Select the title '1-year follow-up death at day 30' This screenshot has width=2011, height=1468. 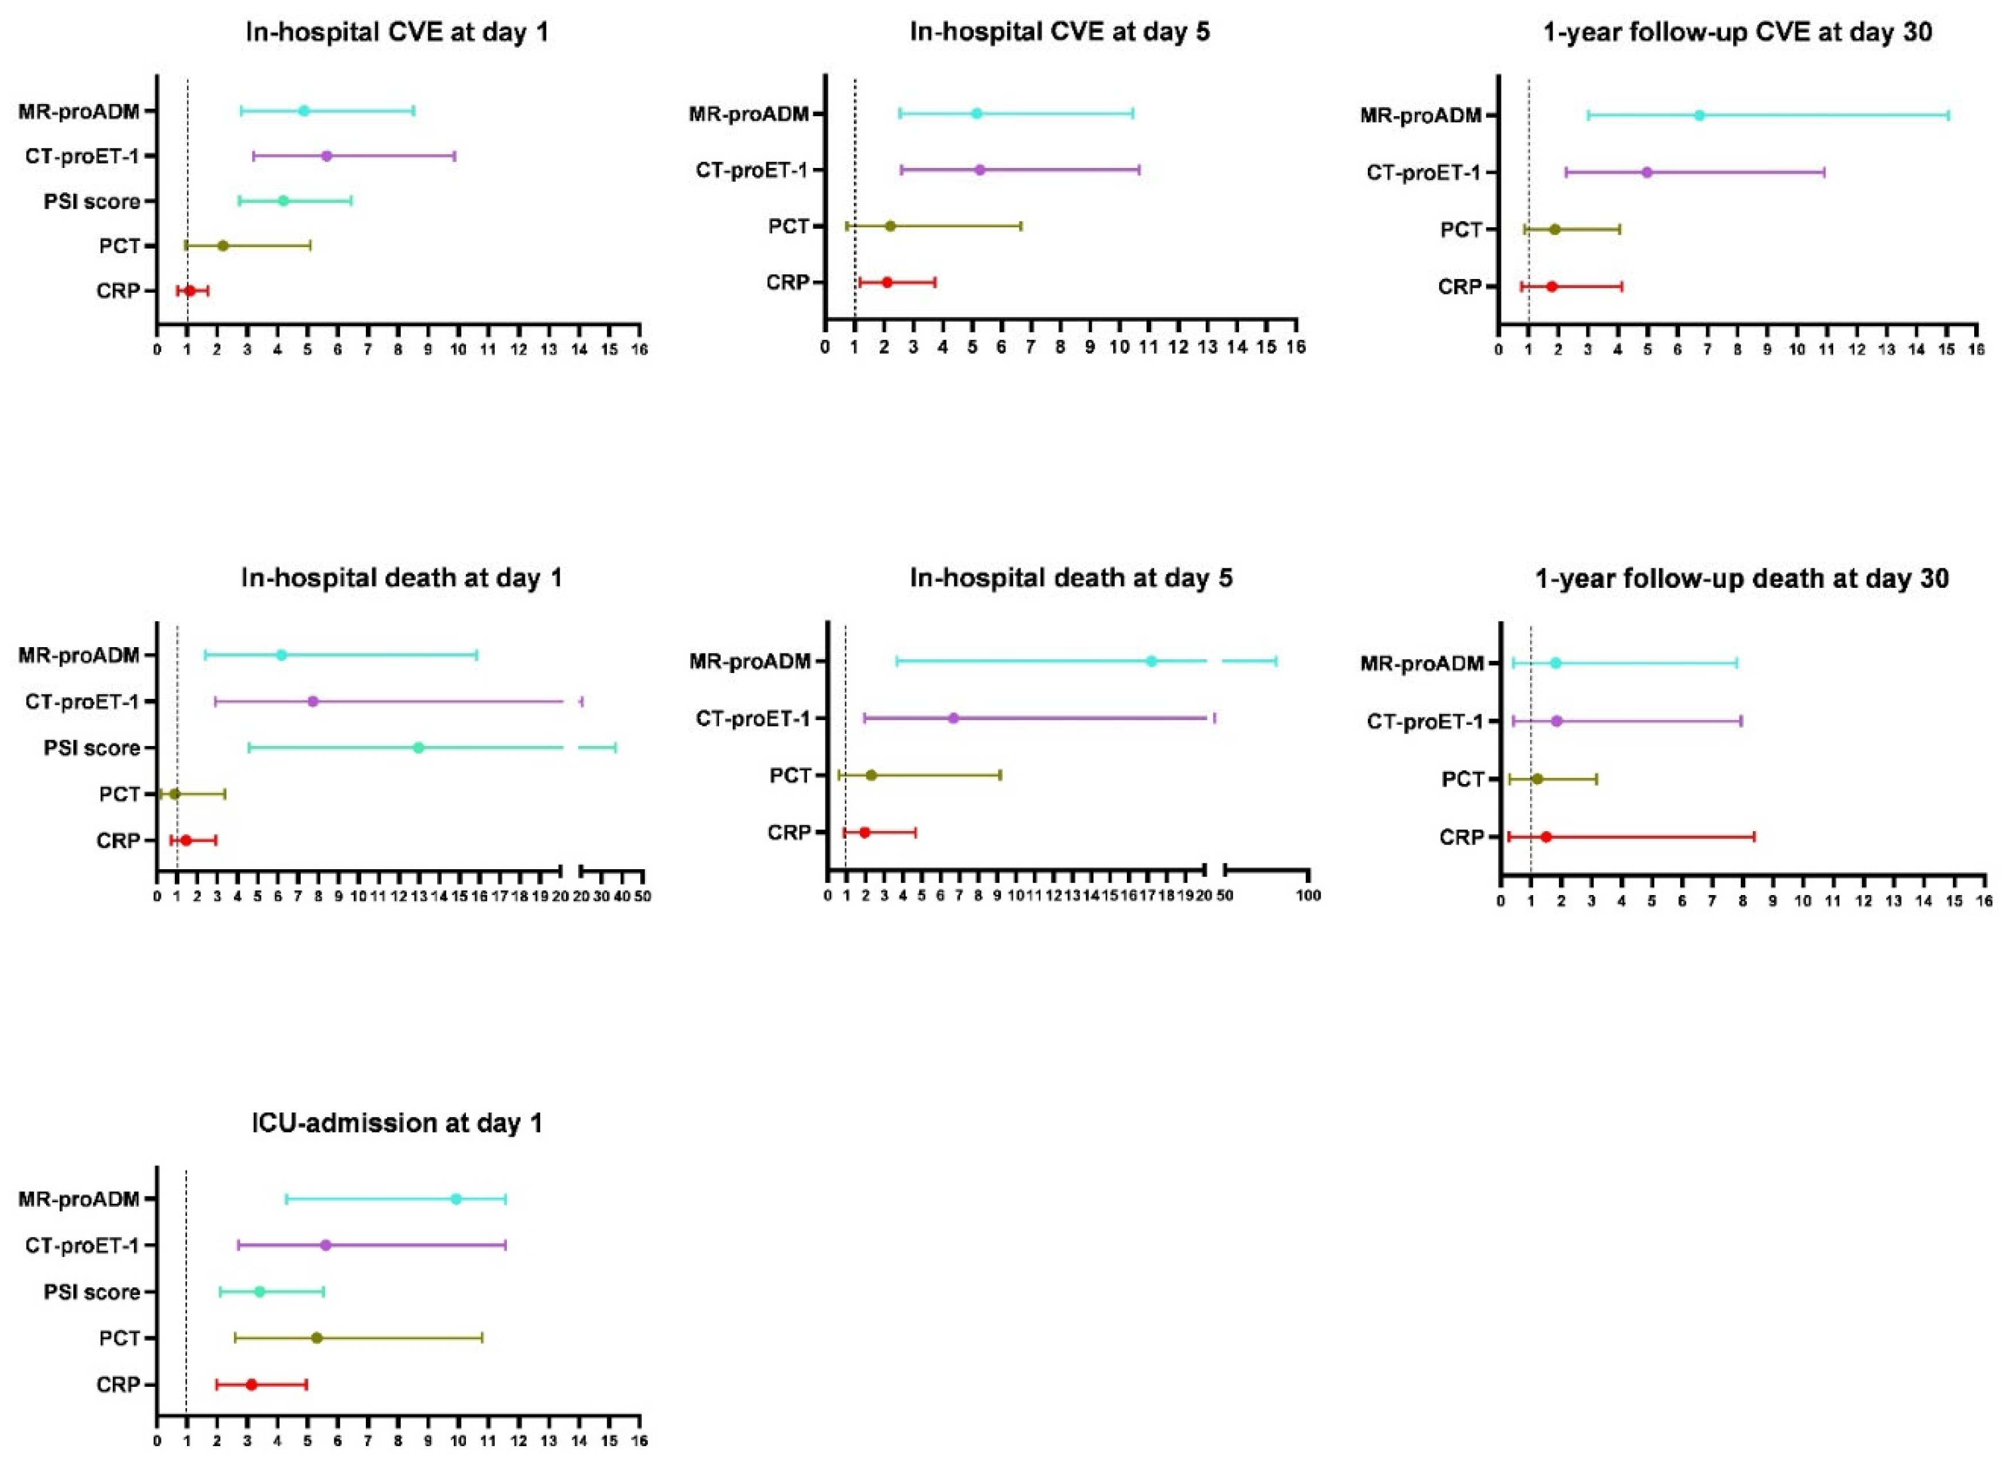coord(1742,579)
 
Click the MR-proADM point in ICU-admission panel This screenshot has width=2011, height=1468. coord(456,1199)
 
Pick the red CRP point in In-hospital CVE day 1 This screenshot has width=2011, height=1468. coord(189,290)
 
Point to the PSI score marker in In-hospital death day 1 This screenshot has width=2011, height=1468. coord(419,747)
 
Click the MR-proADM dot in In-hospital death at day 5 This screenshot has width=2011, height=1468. coord(1151,661)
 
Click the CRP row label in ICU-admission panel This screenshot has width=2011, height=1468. coord(118,1385)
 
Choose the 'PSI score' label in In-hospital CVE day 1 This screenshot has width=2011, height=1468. coord(91,202)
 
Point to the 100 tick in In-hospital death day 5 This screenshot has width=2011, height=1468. coord(1308,896)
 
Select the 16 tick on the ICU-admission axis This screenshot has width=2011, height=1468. coord(639,1440)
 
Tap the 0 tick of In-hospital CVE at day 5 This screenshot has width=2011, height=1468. coord(825,346)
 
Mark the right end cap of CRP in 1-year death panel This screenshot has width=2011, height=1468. coord(1753,836)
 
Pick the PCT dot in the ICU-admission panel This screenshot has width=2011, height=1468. coord(316,1337)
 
